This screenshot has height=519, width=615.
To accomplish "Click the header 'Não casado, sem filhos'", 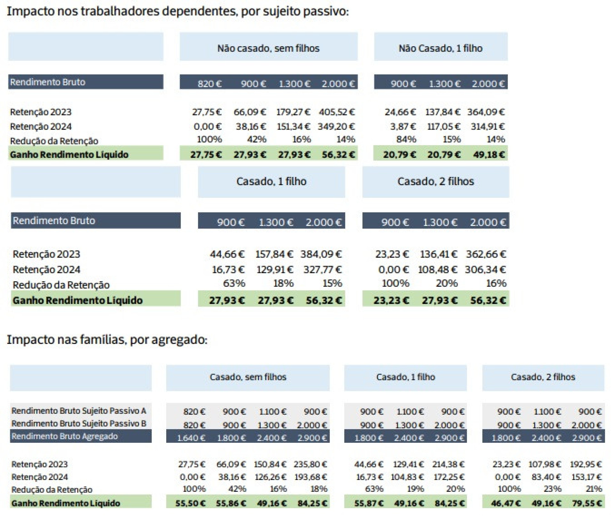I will (x=268, y=48).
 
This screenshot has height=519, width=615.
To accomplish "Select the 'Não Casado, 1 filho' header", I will (x=440, y=48).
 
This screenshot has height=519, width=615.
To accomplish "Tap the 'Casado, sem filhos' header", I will (x=248, y=377).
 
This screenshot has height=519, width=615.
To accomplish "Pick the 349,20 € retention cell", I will (x=336, y=126).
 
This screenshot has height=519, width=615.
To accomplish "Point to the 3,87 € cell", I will (x=403, y=126).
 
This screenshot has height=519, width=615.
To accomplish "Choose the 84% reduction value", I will (x=406, y=139).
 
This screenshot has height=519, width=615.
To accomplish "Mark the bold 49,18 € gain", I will (x=489, y=155).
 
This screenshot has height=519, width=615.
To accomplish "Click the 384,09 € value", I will (x=321, y=254).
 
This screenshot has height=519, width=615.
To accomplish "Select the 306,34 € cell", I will (x=485, y=269).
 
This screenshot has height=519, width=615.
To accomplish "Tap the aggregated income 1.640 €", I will (x=191, y=438).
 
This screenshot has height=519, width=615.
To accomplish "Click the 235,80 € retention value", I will (x=310, y=464).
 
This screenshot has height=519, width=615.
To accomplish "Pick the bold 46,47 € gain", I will (x=506, y=503).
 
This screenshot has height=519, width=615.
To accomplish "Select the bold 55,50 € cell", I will (x=190, y=503).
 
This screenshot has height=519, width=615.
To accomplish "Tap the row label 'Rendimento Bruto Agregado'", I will (x=65, y=436).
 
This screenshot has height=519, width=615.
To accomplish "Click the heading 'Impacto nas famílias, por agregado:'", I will (x=107, y=339).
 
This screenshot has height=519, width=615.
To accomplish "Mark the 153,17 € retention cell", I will (x=587, y=477).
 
